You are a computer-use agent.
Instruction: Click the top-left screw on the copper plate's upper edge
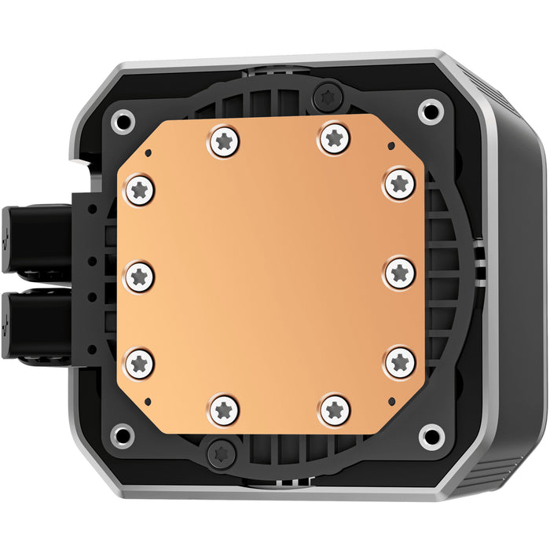coord(225,142)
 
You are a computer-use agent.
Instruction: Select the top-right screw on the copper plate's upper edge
coord(335,138)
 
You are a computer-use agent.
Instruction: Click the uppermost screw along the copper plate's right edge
coord(399,184)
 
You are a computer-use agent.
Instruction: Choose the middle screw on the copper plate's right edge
coord(400,273)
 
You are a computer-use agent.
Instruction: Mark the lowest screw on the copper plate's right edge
coord(400,361)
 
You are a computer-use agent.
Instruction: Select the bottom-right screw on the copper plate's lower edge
coord(335,409)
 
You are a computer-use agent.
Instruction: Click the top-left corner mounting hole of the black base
coord(123,120)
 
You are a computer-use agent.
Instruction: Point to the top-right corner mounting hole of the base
coord(430,109)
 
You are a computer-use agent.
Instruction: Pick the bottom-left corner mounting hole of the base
coord(123,433)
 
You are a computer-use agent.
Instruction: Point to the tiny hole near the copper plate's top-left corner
coord(147,150)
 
